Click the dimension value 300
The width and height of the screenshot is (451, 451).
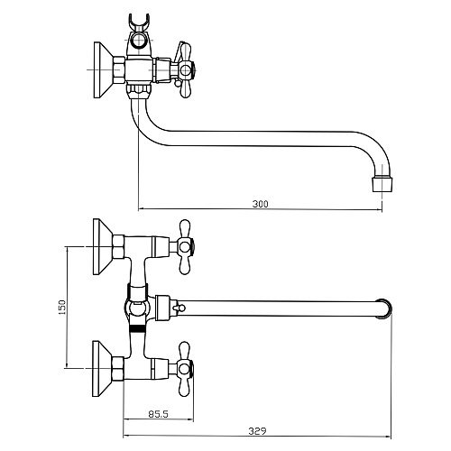point(261,205)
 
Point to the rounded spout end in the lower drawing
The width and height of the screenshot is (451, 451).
point(384,308)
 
